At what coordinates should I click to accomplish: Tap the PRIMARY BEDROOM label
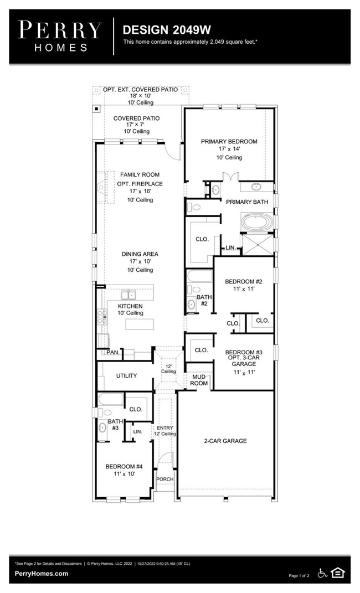[229, 142]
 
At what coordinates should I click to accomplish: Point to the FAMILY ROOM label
[132, 175]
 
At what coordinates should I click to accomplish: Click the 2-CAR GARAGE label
[224, 441]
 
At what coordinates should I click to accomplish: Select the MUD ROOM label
[199, 380]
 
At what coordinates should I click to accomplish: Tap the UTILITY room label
[126, 376]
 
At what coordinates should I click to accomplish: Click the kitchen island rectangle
[140, 324]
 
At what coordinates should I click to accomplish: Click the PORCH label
[164, 479]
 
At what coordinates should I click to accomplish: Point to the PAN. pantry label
[113, 352]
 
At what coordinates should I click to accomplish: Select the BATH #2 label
[203, 300]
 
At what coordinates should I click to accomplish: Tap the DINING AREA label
[136, 254]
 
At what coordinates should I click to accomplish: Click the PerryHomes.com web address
[42, 574]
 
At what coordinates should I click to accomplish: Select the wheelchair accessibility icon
[322, 573]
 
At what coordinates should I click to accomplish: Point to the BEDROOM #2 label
[243, 282]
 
